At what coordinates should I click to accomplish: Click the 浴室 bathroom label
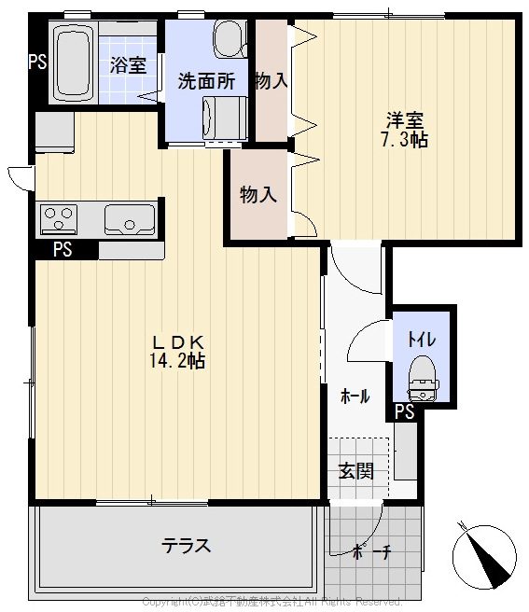(x=128, y=64)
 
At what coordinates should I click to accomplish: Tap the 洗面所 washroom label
(x=206, y=81)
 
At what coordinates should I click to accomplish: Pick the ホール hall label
(x=354, y=396)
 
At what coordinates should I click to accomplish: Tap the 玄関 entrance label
(x=355, y=470)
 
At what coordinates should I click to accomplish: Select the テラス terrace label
(x=186, y=546)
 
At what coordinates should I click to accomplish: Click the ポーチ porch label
(x=371, y=551)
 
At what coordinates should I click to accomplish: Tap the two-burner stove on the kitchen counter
(x=59, y=220)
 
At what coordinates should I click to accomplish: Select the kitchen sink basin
(x=123, y=220)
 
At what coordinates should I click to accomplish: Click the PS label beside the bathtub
(x=37, y=63)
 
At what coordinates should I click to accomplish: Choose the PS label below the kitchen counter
(x=63, y=249)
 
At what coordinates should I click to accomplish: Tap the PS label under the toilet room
(x=404, y=411)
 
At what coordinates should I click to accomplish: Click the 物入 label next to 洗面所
(x=271, y=81)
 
